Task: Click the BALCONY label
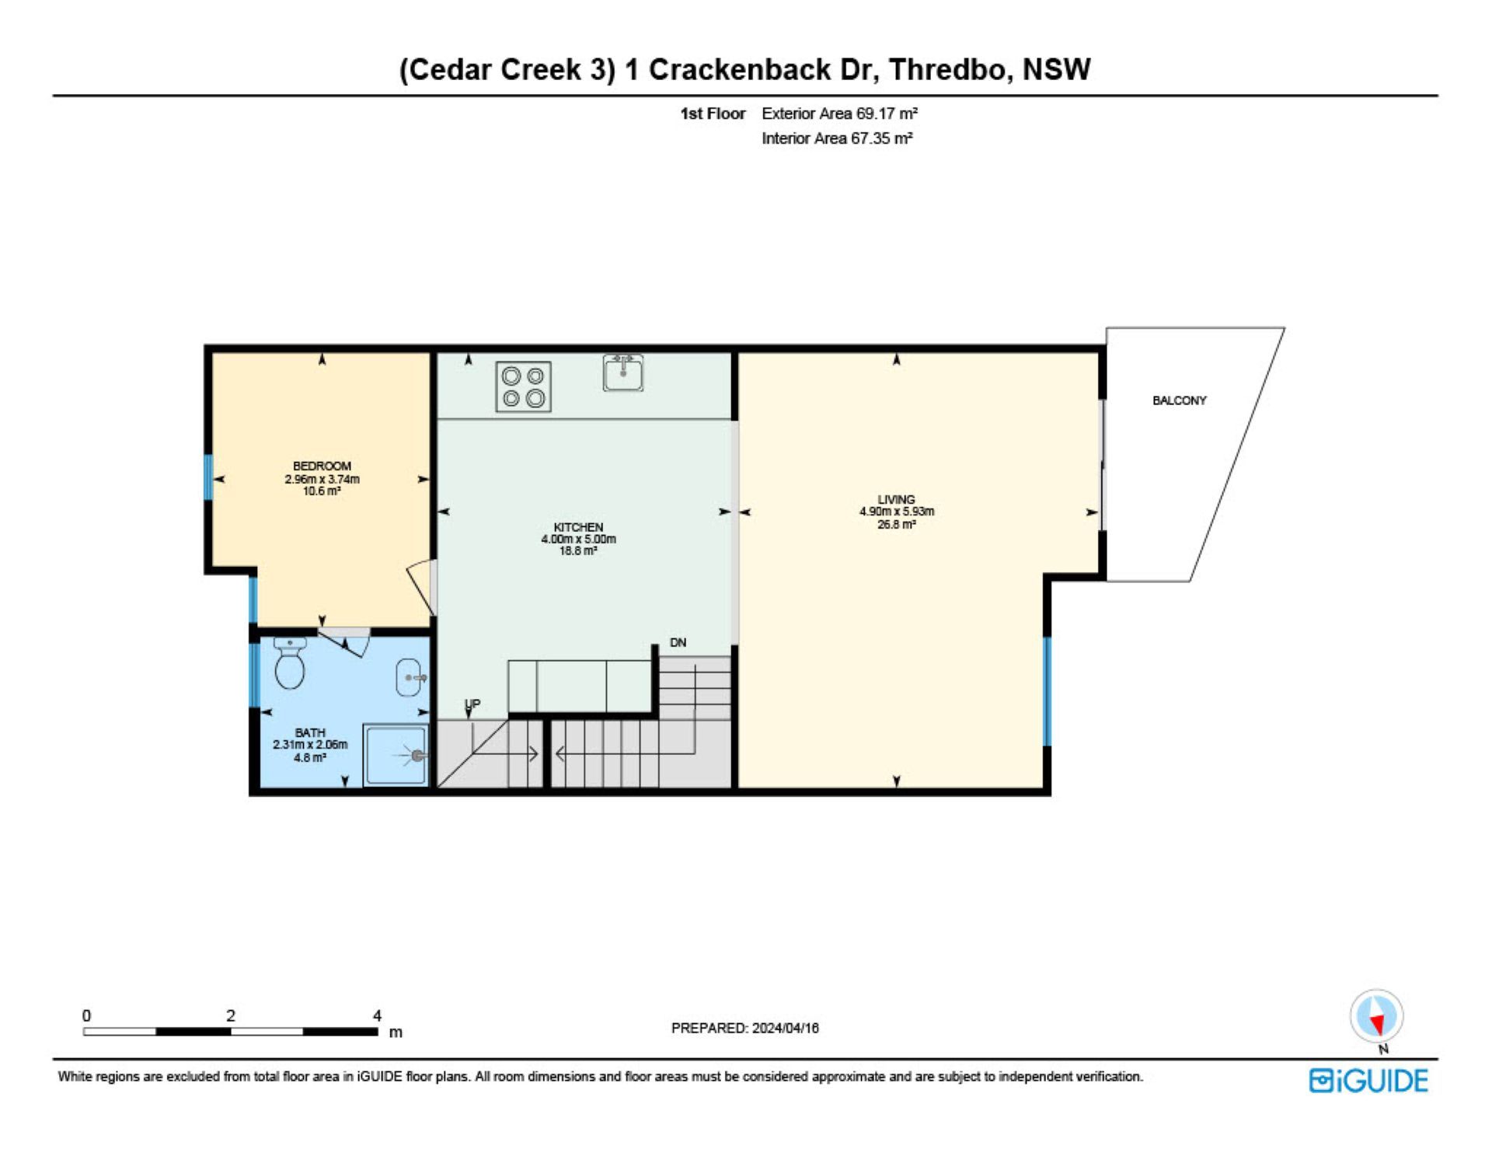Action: [1179, 400]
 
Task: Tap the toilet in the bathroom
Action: [290, 663]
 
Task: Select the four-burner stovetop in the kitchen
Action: [524, 386]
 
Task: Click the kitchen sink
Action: [623, 373]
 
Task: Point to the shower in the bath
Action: [396, 755]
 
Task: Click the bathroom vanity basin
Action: [409, 677]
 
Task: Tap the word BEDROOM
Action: [322, 466]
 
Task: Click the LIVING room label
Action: [896, 499]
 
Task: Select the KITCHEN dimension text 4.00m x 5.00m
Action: [578, 539]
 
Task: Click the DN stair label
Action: [678, 642]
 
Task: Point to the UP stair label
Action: [472, 704]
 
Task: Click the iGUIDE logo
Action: [1368, 1081]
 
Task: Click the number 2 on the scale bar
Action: [231, 1015]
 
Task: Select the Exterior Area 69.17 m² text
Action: [839, 114]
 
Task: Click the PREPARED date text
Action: [744, 1028]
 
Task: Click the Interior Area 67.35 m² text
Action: [837, 138]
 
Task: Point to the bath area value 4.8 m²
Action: [309, 757]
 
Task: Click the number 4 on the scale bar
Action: [377, 1015]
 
